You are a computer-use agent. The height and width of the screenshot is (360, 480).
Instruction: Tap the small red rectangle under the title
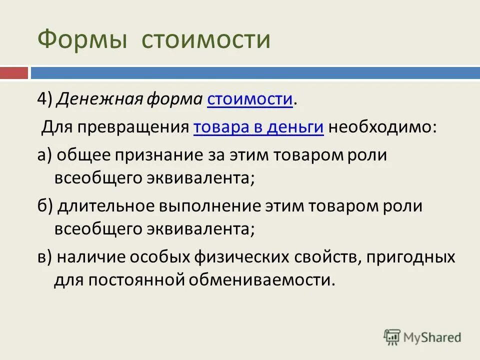point(13,73)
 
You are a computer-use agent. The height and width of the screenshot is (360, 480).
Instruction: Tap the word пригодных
point(410,258)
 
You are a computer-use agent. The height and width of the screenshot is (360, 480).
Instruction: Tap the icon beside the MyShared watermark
point(392,337)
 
